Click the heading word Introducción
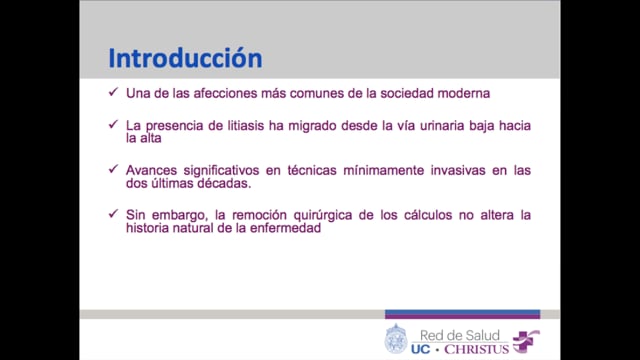(x=184, y=57)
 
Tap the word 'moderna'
(x=463, y=95)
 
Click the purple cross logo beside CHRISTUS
(x=524, y=340)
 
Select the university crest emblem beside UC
(x=396, y=339)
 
